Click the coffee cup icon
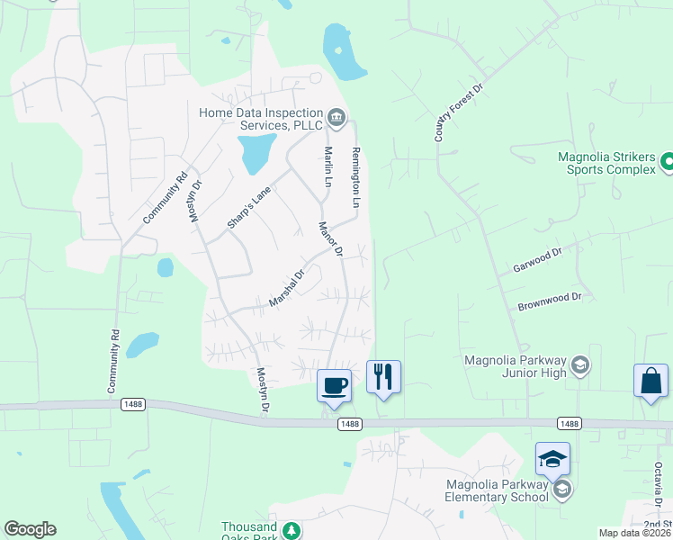[335, 385]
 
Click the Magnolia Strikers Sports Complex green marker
[667, 163]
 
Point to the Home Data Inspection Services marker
[336, 115]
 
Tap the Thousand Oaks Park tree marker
[291, 530]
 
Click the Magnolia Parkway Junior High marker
[580, 364]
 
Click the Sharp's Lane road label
[249, 207]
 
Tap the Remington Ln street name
[355, 178]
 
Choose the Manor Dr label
[331, 239]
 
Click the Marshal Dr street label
[287, 289]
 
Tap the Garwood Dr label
[537, 262]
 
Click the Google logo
[30, 529]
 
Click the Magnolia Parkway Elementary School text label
[498, 490]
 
